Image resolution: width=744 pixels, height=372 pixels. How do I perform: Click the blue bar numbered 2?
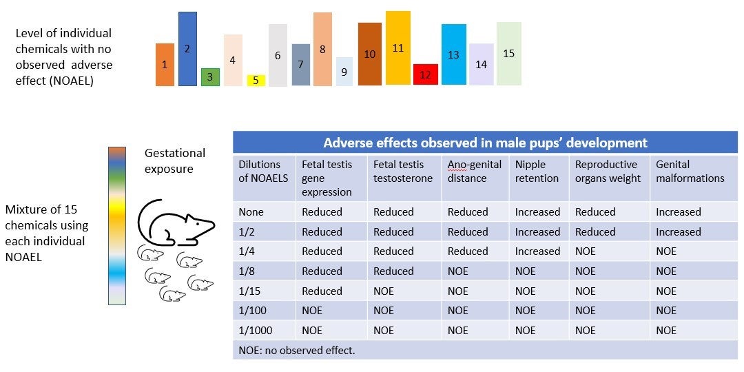click(x=187, y=49)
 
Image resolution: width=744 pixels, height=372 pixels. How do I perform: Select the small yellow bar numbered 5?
click(x=256, y=80)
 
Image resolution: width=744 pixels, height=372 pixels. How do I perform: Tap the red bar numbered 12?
click(x=425, y=74)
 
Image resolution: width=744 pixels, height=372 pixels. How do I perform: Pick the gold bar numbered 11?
click(x=398, y=48)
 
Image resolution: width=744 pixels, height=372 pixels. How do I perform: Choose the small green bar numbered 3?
click(x=210, y=77)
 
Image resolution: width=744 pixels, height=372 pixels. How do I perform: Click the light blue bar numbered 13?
click(x=453, y=54)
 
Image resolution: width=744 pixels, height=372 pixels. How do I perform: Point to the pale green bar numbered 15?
click(x=508, y=54)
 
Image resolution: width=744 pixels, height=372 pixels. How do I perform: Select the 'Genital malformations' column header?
click(x=690, y=172)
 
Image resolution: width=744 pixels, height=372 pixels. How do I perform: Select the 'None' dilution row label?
click(x=252, y=212)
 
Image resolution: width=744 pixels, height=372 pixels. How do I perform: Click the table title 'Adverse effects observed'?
click(x=485, y=143)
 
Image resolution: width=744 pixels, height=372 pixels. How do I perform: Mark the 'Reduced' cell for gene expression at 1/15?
click(x=322, y=291)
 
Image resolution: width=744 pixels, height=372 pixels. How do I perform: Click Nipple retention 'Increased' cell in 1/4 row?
click(x=537, y=251)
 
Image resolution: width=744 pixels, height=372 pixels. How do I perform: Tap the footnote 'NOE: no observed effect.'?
click(x=296, y=351)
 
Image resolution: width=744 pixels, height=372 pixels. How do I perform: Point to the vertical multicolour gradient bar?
click(x=117, y=225)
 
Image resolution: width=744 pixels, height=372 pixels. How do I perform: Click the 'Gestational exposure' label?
click(x=175, y=161)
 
